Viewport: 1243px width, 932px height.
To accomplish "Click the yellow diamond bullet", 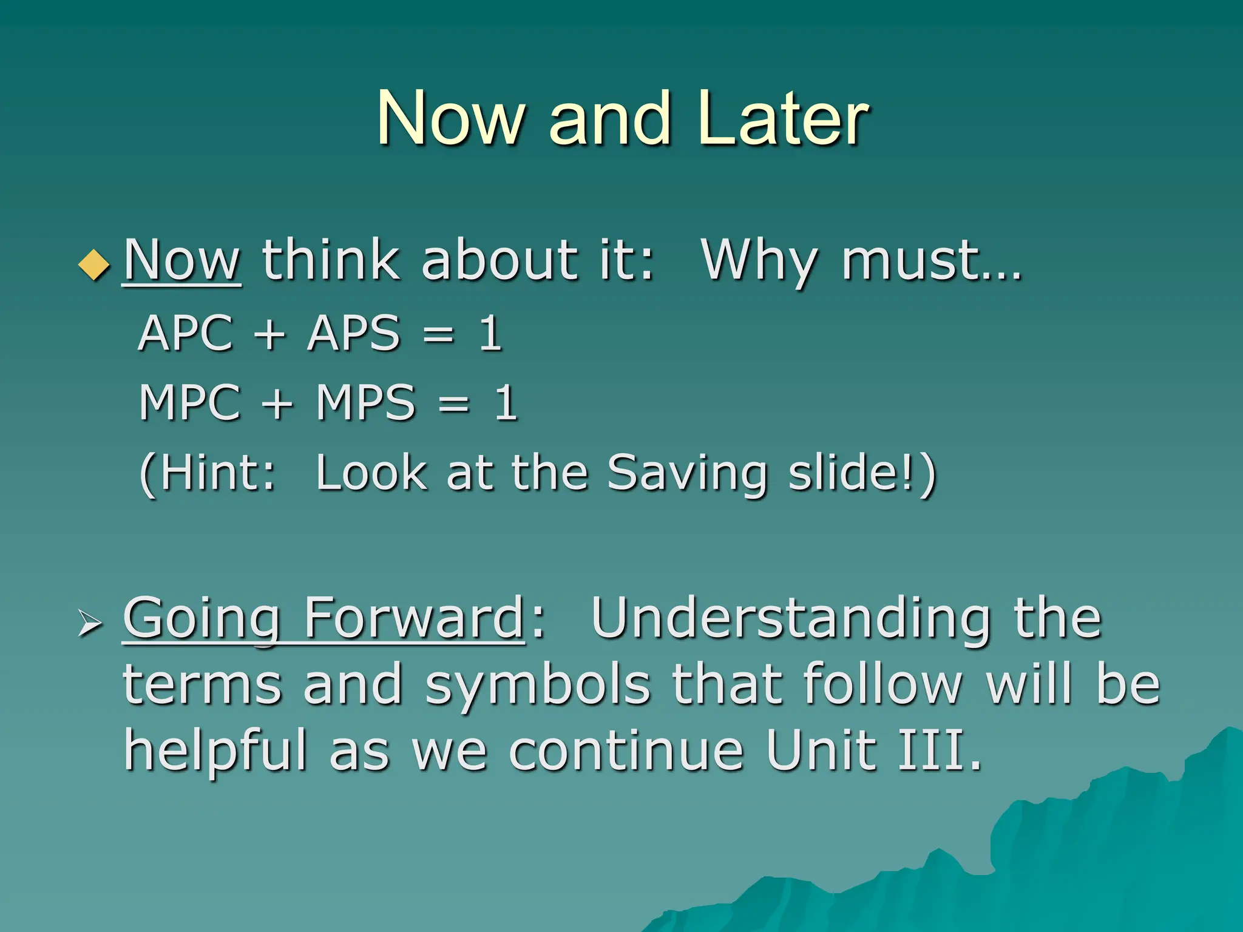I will click(95, 265).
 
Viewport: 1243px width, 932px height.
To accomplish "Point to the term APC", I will click(186, 333).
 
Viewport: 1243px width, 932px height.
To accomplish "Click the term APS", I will click(354, 333).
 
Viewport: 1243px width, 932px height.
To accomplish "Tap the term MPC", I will click(190, 402).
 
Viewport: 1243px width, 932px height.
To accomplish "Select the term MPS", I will click(365, 402).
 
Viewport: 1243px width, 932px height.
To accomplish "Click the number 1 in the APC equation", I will click(490, 333).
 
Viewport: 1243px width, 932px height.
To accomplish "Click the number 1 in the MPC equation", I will click(506, 402).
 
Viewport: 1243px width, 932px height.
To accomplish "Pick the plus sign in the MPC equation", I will click(278, 404).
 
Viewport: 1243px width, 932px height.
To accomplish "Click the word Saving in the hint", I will click(687, 473).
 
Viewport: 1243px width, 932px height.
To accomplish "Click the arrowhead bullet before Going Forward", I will click(90, 624).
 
